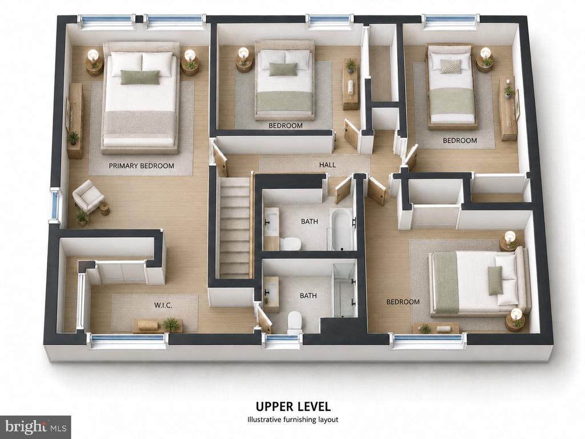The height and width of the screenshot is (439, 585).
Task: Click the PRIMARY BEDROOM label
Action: point(142,166)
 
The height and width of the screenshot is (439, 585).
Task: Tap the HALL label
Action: point(327,165)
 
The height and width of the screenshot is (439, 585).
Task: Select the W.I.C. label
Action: point(163,305)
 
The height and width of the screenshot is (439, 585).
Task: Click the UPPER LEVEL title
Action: point(293,406)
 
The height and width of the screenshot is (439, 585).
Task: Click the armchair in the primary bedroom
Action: point(88,197)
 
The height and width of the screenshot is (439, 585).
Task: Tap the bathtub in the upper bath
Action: point(341,230)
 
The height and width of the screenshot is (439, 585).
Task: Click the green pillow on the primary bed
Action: point(140,77)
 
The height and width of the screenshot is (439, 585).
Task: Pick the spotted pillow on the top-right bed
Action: point(450,66)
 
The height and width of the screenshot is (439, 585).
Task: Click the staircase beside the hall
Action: point(234,228)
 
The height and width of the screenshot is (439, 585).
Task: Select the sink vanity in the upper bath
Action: point(271,228)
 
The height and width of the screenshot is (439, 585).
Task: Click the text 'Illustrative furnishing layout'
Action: point(293,420)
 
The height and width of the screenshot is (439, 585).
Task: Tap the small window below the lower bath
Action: point(282,341)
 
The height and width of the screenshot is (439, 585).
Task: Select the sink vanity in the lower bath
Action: point(271,294)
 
